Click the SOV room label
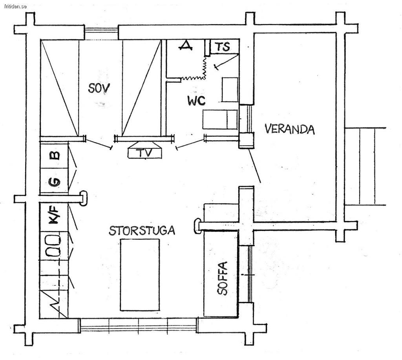[99, 88]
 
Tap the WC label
[196, 101]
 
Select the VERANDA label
[289, 129]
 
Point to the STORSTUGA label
[142, 230]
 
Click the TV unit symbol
[145, 150]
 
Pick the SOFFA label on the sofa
[222, 278]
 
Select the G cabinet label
[54, 182]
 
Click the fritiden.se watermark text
[16, 6]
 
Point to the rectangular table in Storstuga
[140, 275]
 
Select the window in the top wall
[101, 32]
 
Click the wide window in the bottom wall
[139, 325]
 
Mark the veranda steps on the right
[365, 166]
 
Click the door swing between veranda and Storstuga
[254, 166]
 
